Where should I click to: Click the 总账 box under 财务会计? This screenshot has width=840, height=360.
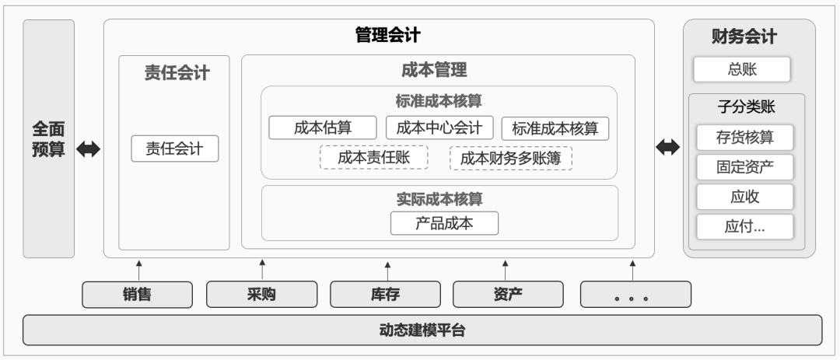point(742,70)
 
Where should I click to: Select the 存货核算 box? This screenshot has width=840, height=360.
point(744,137)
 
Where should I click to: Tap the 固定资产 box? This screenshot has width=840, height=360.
point(744,167)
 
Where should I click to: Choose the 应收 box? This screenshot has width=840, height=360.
point(744,197)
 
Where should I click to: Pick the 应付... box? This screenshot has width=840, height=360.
point(744,226)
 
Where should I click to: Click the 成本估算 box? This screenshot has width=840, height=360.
point(323,128)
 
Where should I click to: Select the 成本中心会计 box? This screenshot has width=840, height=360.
point(439,128)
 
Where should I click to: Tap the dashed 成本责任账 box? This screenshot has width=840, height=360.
point(374,158)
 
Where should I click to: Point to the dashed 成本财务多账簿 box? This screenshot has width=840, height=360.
point(510,158)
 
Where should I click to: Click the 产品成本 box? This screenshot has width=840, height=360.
point(444,223)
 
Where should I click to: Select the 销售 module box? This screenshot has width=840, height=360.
point(137,295)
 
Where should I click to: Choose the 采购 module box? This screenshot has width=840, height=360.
point(261,295)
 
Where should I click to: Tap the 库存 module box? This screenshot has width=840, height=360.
point(385,295)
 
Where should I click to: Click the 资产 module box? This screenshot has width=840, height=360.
point(508,295)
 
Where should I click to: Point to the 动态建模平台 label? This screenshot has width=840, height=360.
point(422,330)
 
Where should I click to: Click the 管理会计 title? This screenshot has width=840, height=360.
point(388,35)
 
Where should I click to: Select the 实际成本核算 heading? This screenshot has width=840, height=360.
point(439,199)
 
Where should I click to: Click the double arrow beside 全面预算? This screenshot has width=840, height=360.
point(89,149)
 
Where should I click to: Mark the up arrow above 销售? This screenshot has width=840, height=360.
point(138,271)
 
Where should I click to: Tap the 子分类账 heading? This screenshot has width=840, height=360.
point(746,107)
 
